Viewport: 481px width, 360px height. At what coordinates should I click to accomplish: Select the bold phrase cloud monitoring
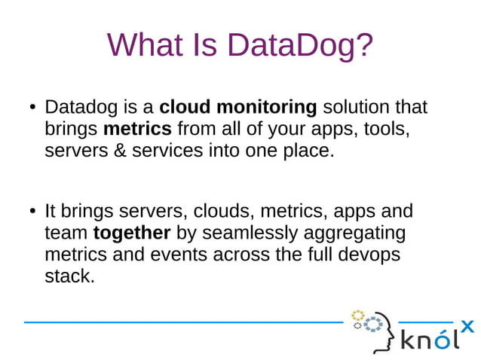point(238,107)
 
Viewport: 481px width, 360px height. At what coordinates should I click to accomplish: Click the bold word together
point(132,233)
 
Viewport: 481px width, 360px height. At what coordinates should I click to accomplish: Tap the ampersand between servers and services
point(122,150)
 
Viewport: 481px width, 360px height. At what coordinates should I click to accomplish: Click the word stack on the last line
point(69,275)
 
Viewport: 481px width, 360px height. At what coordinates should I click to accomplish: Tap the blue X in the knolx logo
point(467,326)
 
